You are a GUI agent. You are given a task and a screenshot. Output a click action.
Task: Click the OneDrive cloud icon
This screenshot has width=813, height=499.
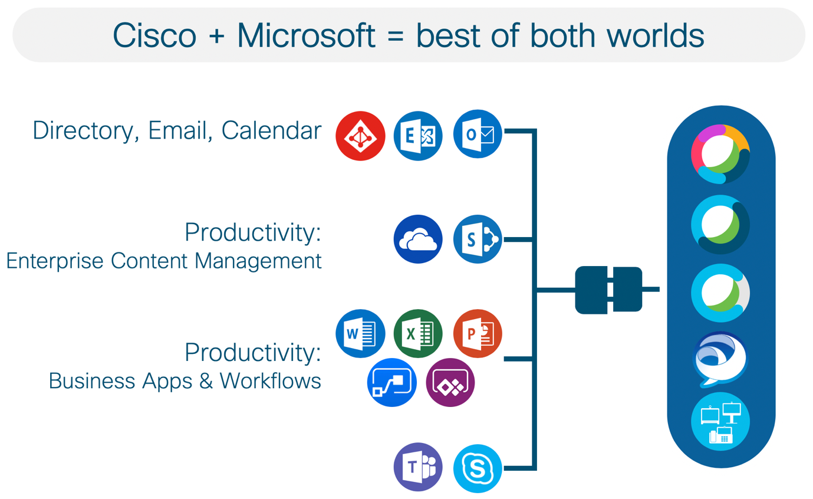click(x=418, y=239)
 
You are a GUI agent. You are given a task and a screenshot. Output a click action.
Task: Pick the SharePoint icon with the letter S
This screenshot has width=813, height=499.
click(x=478, y=239)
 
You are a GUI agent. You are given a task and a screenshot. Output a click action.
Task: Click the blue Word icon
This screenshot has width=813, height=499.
click(x=360, y=334)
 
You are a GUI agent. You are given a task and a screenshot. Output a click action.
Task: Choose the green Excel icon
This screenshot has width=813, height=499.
click(x=418, y=334)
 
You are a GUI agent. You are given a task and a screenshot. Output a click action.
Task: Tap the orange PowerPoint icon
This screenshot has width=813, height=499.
click(x=478, y=334)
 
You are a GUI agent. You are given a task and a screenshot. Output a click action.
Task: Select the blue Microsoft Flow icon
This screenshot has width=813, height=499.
click(x=391, y=382)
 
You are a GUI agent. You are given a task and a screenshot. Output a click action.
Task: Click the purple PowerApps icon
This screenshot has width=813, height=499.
click(x=450, y=382)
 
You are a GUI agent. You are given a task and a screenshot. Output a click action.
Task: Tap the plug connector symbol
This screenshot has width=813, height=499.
click(x=609, y=289)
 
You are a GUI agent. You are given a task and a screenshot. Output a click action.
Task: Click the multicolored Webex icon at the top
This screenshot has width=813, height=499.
click(x=720, y=154)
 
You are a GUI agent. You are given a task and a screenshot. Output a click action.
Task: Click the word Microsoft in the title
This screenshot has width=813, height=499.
click(x=305, y=36)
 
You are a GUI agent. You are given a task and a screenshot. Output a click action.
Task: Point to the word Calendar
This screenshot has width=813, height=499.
click(x=272, y=131)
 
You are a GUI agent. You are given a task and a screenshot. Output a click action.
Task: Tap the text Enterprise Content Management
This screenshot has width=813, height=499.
click(x=164, y=260)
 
